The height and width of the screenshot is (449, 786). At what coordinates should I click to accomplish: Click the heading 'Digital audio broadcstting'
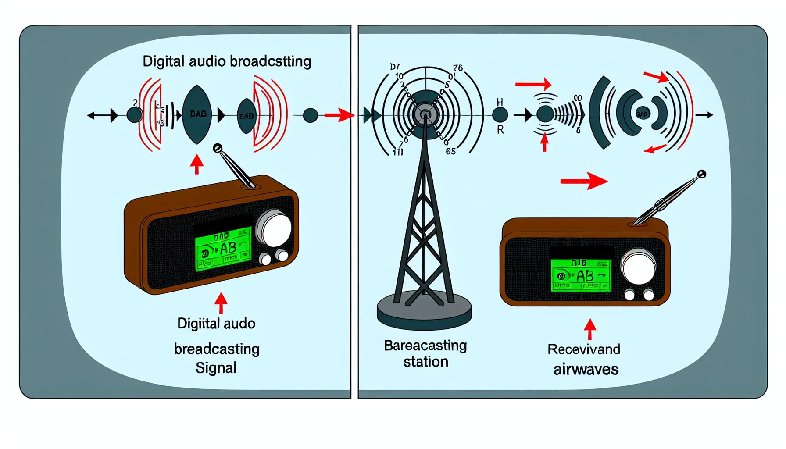(x=227, y=61)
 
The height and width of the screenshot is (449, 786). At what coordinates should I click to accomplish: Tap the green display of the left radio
(x=223, y=249)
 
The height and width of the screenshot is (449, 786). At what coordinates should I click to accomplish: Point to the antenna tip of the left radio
(x=217, y=149)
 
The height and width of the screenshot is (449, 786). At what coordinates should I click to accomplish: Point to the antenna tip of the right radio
(x=701, y=174)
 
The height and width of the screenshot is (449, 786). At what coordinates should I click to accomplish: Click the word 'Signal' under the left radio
(x=216, y=367)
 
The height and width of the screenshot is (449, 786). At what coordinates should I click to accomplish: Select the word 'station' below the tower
(x=425, y=362)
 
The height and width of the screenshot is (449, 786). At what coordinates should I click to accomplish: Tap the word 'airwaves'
(x=586, y=369)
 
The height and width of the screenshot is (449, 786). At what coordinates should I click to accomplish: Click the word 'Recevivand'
(x=584, y=349)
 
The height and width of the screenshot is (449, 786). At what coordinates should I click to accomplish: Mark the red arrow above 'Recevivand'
(x=590, y=329)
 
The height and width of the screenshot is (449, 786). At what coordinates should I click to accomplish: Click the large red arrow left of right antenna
(x=584, y=181)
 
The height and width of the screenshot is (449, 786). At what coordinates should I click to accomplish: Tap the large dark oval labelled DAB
(x=197, y=114)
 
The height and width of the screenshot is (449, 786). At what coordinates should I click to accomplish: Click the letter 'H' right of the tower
(x=500, y=102)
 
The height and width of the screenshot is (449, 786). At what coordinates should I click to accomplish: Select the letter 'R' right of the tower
(x=500, y=130)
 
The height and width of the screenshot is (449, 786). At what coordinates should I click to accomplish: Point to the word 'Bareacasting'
(x=425, y=346)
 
